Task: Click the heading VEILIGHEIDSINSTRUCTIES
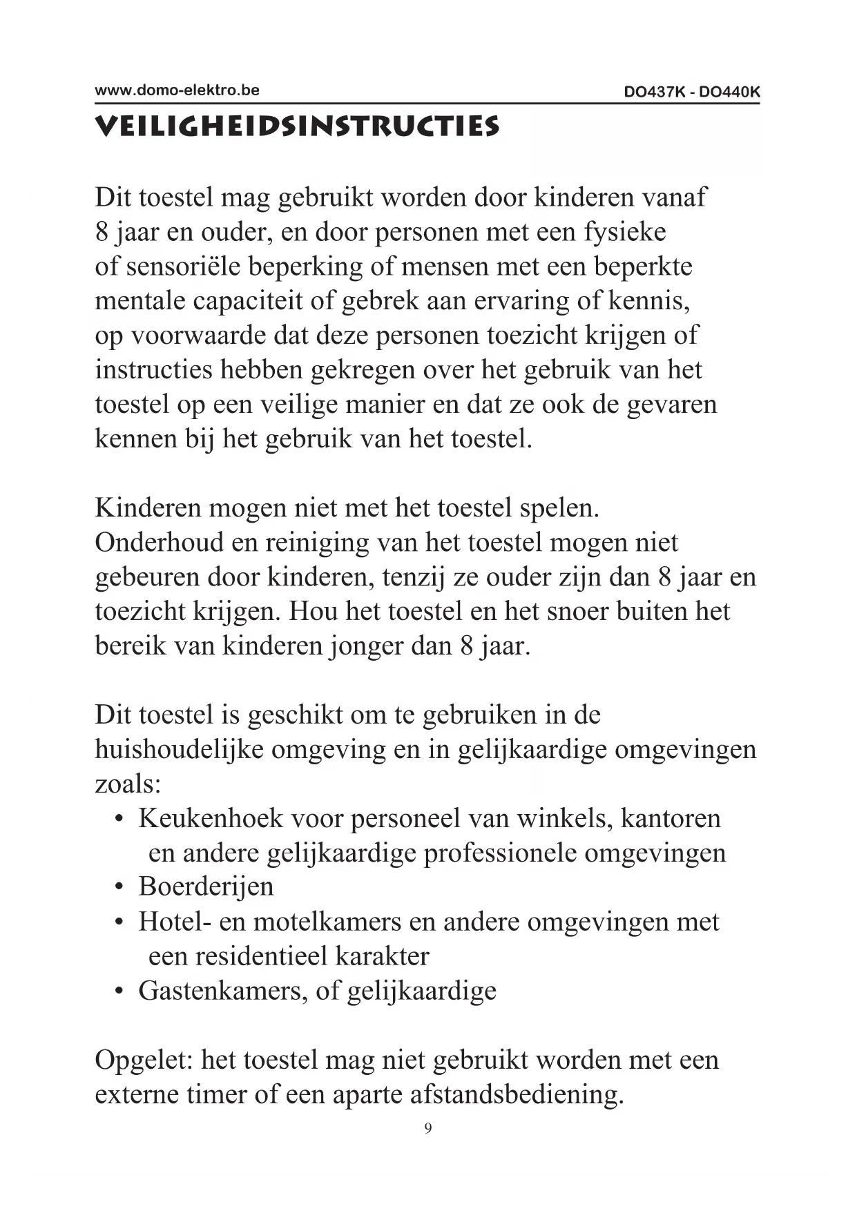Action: [297, 127]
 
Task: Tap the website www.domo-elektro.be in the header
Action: [177, 90]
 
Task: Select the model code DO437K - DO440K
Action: [691, 92]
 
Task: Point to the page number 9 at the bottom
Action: [428, 1128]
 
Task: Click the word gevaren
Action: [672, 405]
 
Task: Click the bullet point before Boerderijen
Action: [120, 887]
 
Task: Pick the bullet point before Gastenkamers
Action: [120, 991]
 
